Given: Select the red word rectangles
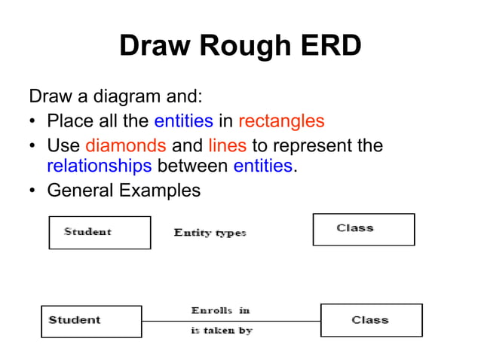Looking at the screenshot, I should tap(281, 121).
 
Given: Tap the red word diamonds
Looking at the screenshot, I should tap(126, 145).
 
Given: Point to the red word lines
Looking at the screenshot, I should tap(227, 145).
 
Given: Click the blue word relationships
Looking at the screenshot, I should tap(99, 166).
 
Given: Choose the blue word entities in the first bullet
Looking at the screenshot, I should tap(183, 121).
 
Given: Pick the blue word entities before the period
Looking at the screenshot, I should tap(262, 166).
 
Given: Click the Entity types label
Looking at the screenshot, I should tap(210, 233).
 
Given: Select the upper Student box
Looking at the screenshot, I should tap(100, 232).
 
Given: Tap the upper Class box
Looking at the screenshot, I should tap(363, 229).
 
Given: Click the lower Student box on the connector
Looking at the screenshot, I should tap(91, 321).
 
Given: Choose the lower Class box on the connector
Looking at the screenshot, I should tap(371, 320).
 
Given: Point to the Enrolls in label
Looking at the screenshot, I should tap(220, 310).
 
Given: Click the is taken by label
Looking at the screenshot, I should tap(222, 330).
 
